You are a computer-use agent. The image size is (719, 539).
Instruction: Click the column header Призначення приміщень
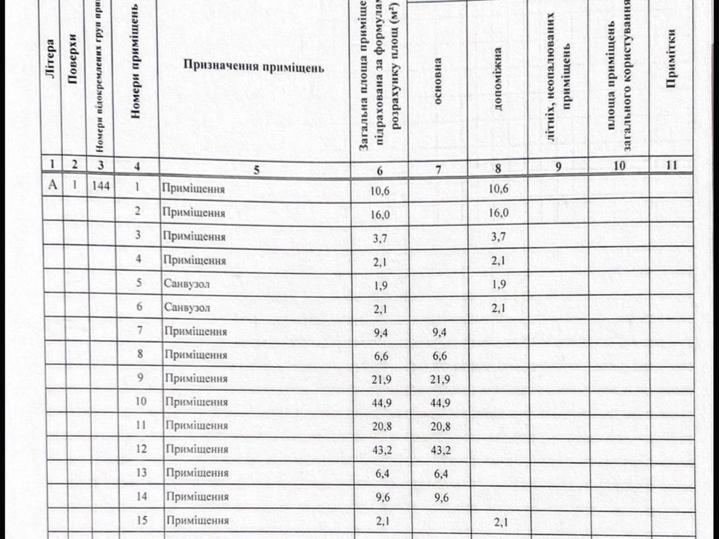(x=254, y=67)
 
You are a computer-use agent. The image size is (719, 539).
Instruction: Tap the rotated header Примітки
(x=672, y=58)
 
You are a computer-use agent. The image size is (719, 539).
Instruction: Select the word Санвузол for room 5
(x=186, y=284)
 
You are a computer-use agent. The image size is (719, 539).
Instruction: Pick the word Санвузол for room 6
(x=186, y=308)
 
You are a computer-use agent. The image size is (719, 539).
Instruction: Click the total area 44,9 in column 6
(x=381, y=402)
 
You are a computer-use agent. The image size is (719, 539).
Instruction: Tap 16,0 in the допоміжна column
(x=498, y=213)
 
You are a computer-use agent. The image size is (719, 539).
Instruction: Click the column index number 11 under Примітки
(x=671, y=167)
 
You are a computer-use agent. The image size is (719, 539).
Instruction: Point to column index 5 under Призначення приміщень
(x=256, y=168)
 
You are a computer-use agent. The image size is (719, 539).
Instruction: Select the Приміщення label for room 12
(x=196, y=449)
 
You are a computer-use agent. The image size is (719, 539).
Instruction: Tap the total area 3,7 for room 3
(x=380, y=237)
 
